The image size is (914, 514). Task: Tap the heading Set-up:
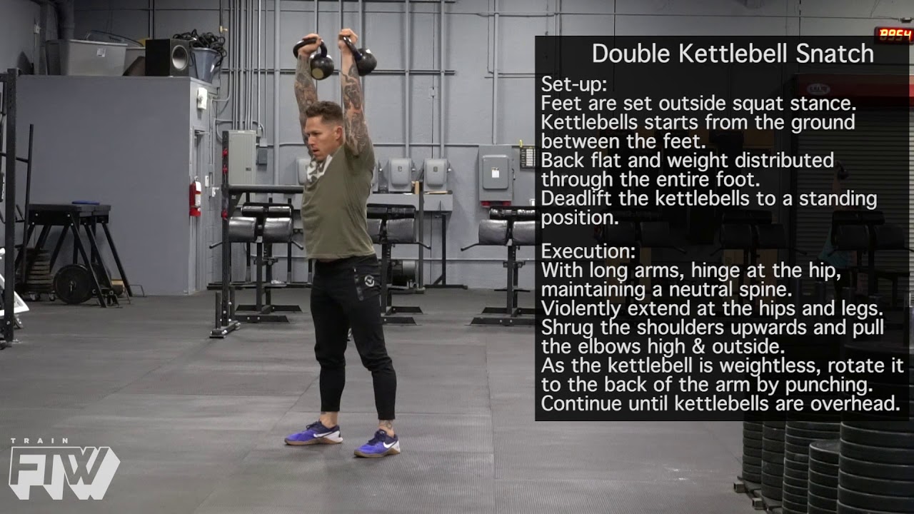573,85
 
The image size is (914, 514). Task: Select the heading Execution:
588,252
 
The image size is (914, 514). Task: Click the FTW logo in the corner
64,470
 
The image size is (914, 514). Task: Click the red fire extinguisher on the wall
195,198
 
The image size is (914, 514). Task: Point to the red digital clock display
893,34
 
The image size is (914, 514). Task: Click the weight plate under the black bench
72,284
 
